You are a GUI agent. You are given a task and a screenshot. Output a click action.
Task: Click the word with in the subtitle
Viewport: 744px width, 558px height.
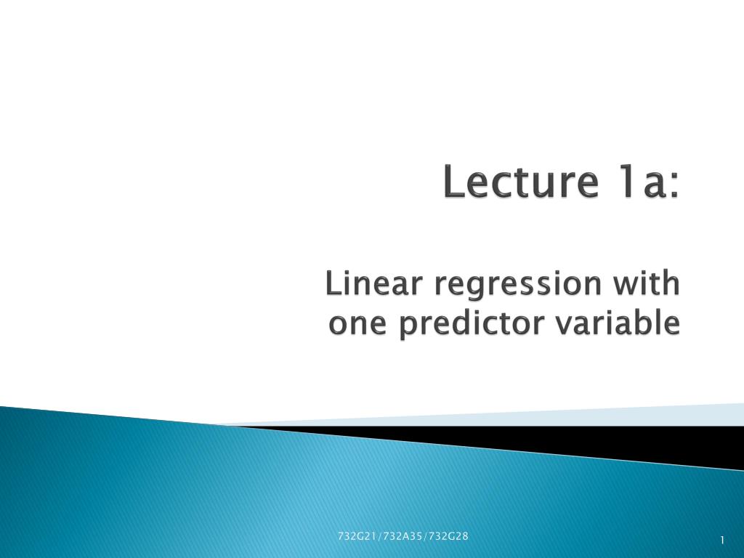click(646, 283)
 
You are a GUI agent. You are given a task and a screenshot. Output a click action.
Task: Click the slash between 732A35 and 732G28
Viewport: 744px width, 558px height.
click(426, 536)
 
